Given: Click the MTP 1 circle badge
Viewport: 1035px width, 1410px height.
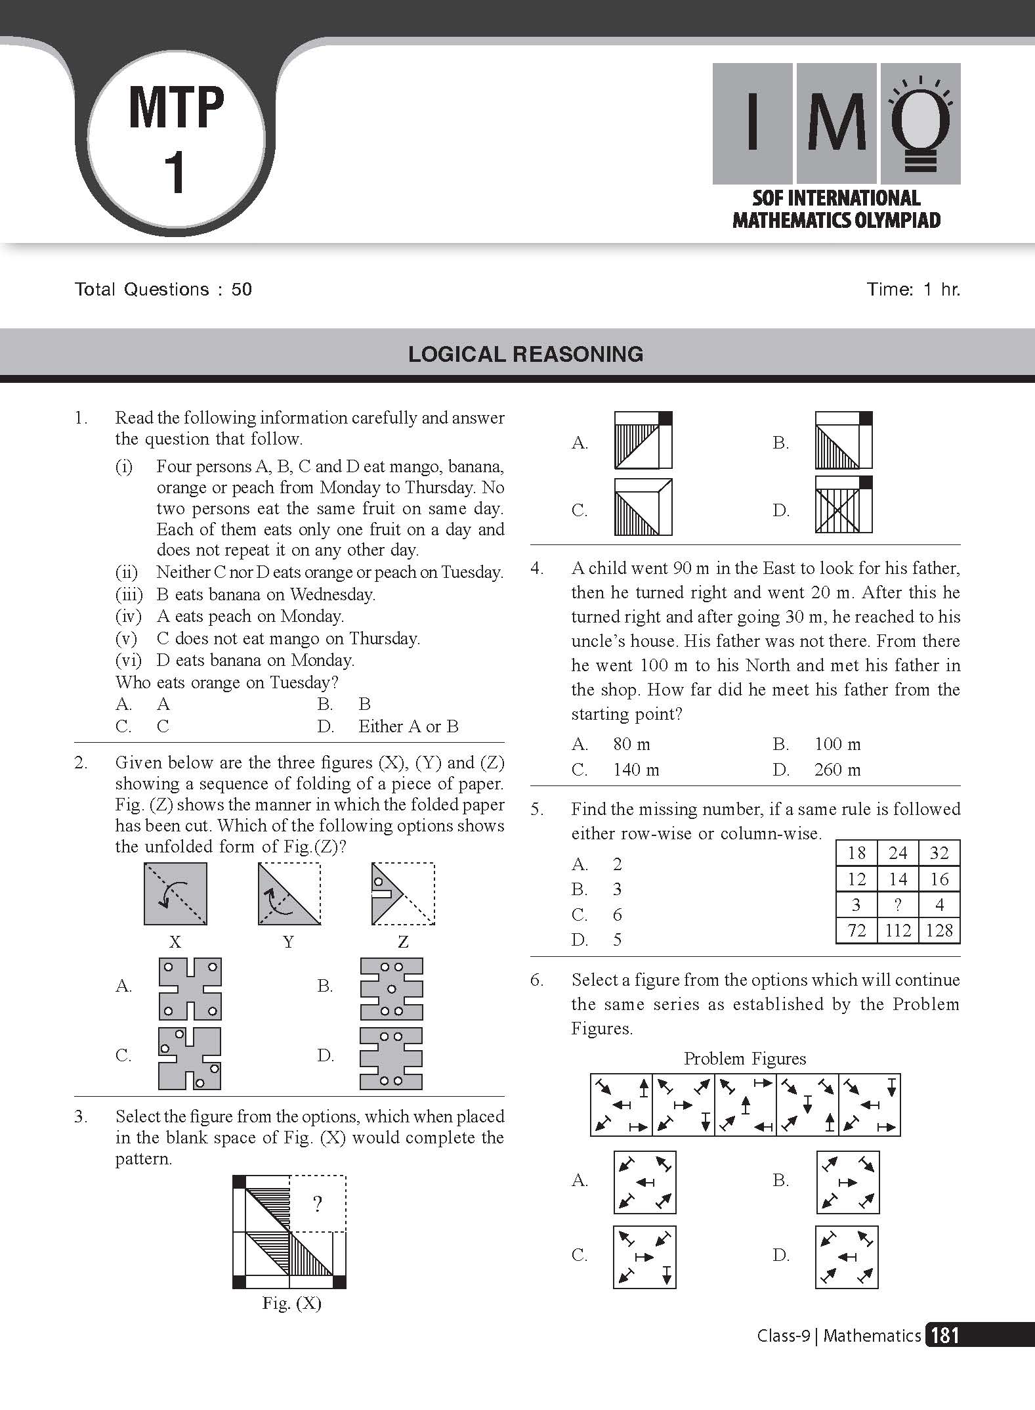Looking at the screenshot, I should pos(176,140).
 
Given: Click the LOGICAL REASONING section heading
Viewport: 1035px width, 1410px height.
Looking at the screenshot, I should pos(525,355).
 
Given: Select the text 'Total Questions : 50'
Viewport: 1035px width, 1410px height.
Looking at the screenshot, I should pos(163,290).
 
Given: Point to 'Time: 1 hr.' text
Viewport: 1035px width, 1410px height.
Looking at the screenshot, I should pos(913,290).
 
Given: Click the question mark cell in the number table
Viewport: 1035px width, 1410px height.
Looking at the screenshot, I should pos(898,905).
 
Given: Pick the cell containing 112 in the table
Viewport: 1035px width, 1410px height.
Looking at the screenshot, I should pos(898,931).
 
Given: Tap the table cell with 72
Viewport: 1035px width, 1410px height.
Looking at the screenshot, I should pos(856,931).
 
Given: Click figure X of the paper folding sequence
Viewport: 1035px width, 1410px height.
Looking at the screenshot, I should pos(175,894).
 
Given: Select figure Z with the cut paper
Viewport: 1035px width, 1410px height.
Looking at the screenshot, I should pos(402,894).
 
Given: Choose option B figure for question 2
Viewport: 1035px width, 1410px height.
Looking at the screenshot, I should pos(391,988).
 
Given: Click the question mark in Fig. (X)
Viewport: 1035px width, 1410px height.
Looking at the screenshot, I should pos(318,1204).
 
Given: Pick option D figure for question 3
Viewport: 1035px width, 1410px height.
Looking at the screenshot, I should pos(844,504).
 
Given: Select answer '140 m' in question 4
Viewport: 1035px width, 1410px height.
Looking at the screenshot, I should pos(636,770).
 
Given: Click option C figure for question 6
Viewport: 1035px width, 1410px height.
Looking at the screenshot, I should pos(644,1257).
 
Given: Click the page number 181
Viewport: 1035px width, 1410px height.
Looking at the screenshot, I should pos(944,1336).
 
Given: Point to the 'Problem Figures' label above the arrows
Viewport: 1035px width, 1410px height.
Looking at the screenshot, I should pos(745,1059).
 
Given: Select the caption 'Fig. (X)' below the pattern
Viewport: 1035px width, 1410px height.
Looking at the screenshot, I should pos(291,1304).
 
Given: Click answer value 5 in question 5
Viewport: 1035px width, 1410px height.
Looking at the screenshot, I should pos(617,940).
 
